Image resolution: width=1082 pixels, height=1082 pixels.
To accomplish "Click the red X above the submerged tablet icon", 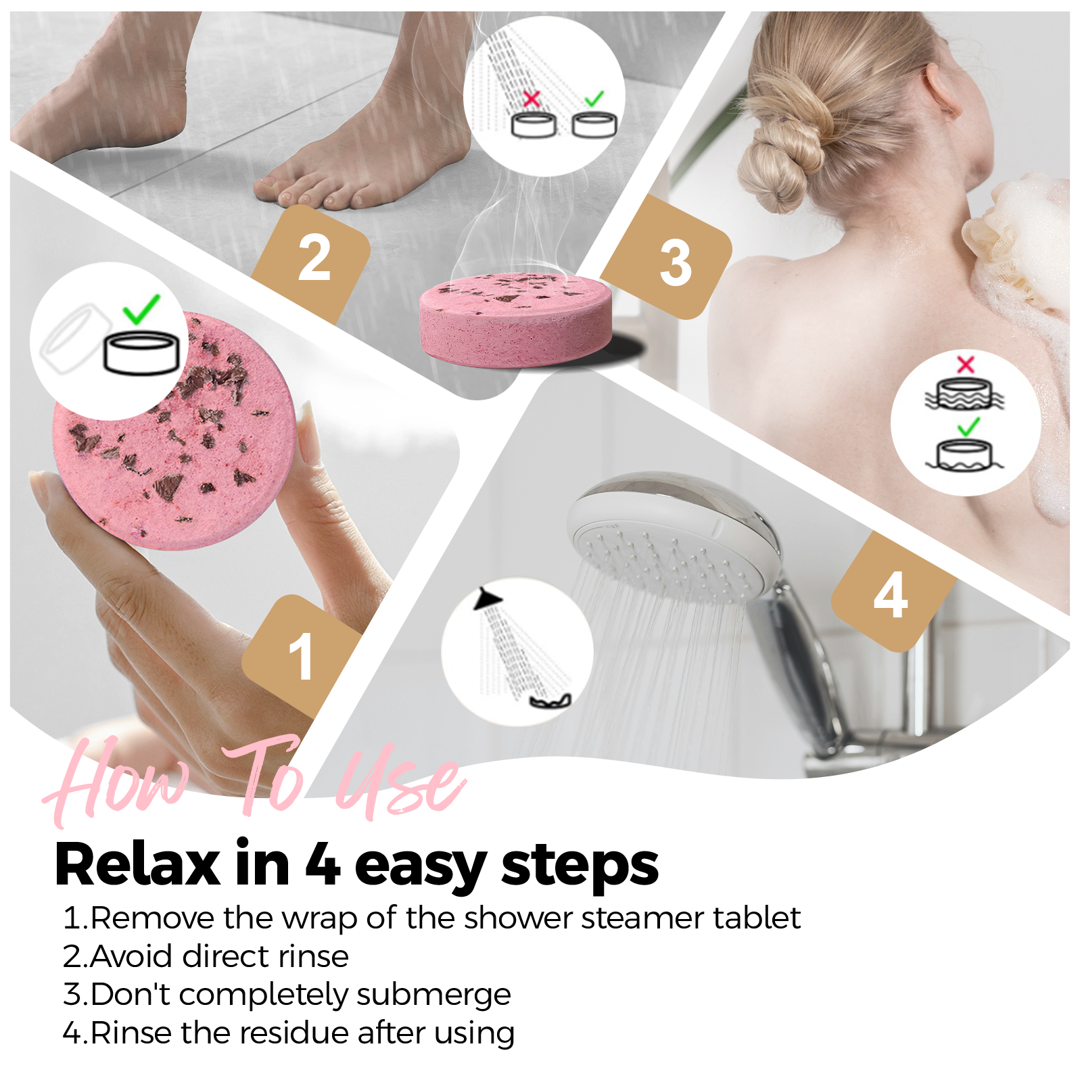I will pos(966,364).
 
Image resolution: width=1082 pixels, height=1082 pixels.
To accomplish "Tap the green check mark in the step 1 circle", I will pos(141,309).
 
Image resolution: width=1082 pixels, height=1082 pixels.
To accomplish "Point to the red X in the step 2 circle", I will pos(532,99).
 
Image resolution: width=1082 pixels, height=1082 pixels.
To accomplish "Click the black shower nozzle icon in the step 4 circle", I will pos(488,599).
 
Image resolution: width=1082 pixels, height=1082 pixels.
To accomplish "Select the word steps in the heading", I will pos(580,865).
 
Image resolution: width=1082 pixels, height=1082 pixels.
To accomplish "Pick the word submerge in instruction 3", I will pos(433,995).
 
